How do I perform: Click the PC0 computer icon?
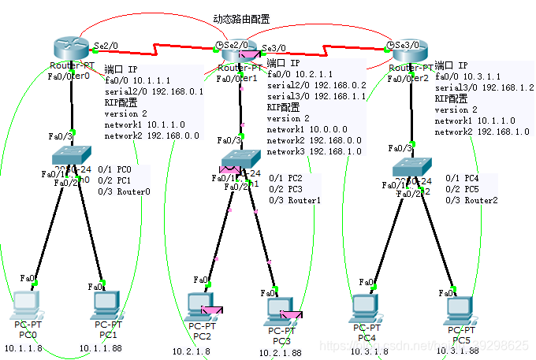pos(27,303)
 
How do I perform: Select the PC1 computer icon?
pos(106,303)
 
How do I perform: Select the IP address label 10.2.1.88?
pos(280,353)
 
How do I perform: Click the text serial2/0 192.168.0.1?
pos(154,91)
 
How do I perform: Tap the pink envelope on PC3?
pos(292,316)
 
